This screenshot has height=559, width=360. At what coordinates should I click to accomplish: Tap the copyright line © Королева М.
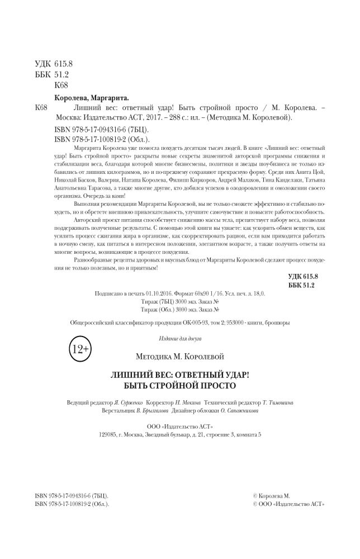272,495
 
